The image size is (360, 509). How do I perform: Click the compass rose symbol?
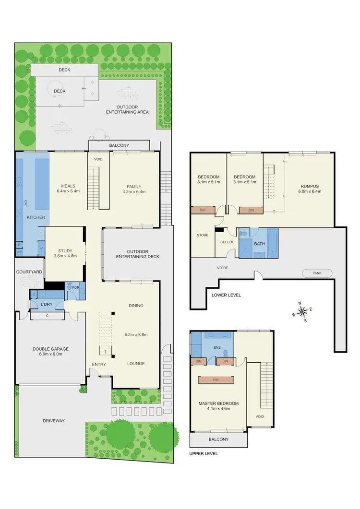[x=303, y=312]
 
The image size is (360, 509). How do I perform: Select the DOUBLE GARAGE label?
[x=50, y=352]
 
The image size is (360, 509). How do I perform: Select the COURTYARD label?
[x=29, y=272]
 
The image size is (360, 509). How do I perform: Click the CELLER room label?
[x=227, y=242]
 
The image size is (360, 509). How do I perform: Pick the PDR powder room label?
[x=75, y=288]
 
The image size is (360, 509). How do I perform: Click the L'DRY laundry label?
[x=47, y=305]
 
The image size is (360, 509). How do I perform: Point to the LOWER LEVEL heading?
[x=226, y=295]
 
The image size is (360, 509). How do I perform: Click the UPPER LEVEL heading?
[x=204, y=453]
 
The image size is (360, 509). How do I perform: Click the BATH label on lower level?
[x=259, y=244]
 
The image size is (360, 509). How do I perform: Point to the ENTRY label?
[x=99, y=364]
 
